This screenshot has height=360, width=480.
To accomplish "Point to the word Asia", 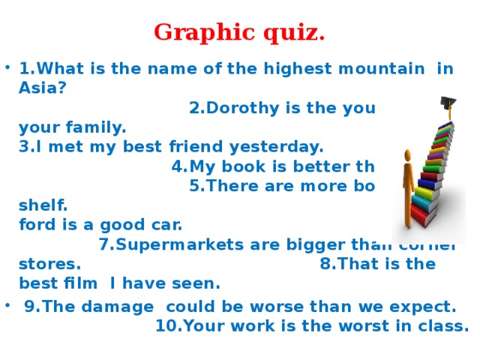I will (42, 88).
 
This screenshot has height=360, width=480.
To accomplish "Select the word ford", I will (38, 223).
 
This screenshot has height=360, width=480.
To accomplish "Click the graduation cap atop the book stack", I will (448, 103).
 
